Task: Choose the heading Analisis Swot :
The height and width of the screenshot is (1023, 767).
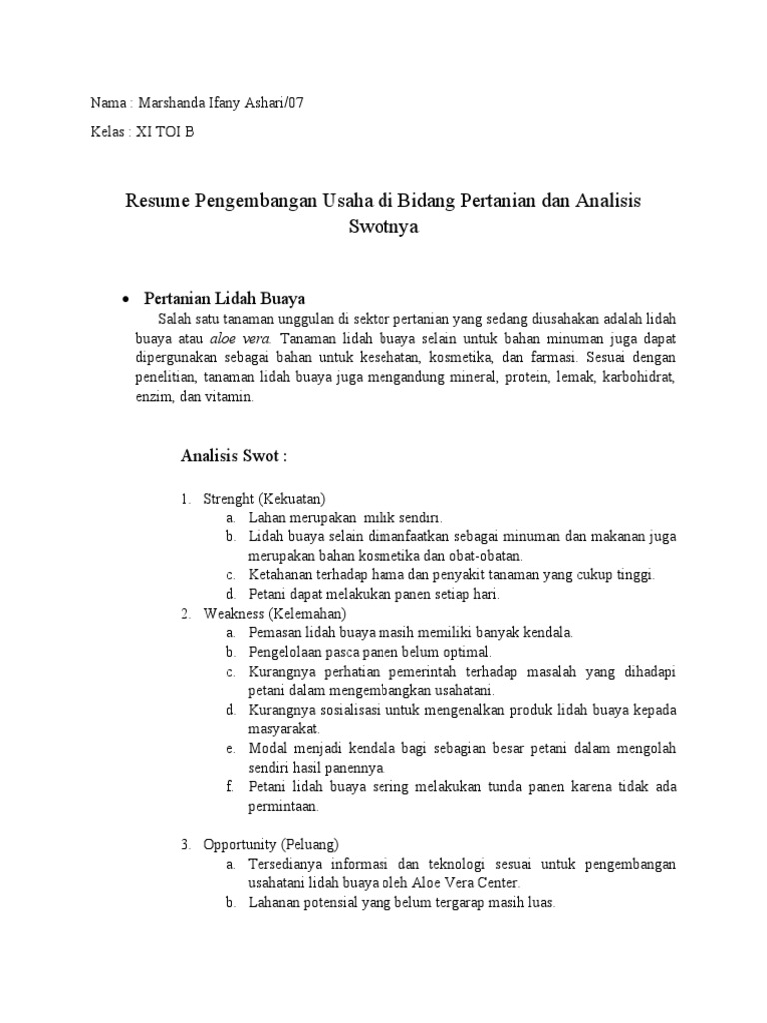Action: [x=234, y=456]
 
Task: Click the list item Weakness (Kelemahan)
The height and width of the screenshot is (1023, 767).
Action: [x=274, y=613]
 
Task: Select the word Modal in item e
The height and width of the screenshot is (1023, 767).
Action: [x=268, y=748]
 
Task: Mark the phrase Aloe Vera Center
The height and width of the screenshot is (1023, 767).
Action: [x=469, y=883]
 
